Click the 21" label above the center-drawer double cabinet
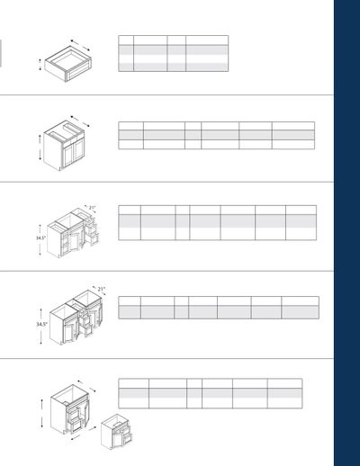click(x=101, y=289)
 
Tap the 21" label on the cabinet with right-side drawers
click(x=92, y=208)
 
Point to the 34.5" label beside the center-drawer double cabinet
click(x=41, y=324)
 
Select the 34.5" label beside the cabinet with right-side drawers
click(x=41, y=237)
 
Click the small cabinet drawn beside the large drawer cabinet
click(x=116, y=432)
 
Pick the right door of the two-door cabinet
click(x=79, y=150)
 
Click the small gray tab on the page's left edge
click(x=1, y=53)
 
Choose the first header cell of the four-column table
click(x=126, y=40)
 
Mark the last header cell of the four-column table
click(x=207, y=40)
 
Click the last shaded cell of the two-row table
click(x=301, y=312)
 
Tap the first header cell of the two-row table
click(x=130, y=301)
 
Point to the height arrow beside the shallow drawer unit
click(x=40, y=65)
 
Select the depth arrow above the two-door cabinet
click(x=80, y=121)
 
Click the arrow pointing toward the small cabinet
click(x=92, y=427)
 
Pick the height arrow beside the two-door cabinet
click(x=40, y=148)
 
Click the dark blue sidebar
click(x=346, y=233)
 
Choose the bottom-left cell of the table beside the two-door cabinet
click(x=131, y=144)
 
